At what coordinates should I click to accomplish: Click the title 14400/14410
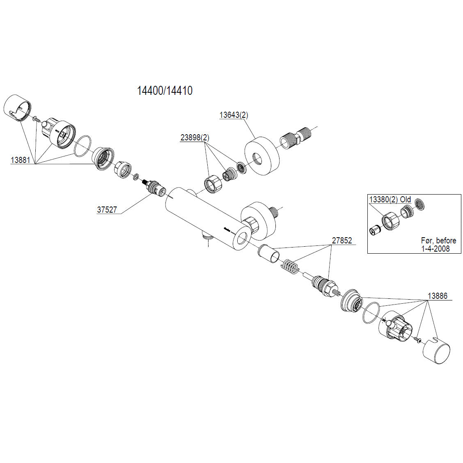(x=164, y=90)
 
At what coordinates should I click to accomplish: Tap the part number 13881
(x=20, y=160)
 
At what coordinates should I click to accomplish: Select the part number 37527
(x=107, y=210)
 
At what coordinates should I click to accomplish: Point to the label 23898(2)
(x=195, y=138)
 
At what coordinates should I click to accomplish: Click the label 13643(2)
(x=234, y=115)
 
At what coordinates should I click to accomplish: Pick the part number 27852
(x=342, y=241)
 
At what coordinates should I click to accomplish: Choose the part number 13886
(x=437, y=296)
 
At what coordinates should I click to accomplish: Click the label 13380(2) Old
(x=390, y=199)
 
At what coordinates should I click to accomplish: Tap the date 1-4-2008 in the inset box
(x=435, y=248)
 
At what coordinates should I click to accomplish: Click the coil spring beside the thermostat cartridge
(x=290, y=267)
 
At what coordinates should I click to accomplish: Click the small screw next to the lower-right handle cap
(x=417, y=339)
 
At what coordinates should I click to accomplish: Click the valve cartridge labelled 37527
(x=155, y=189)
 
